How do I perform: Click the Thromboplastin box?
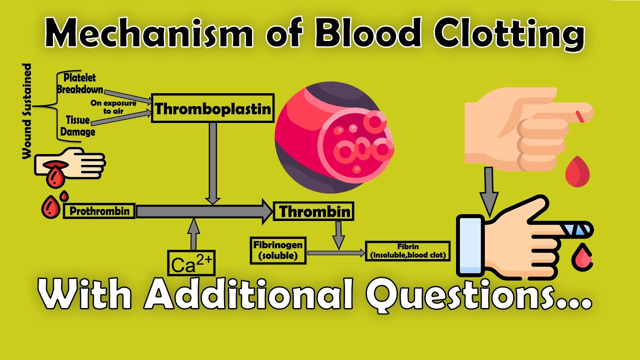(x=212, y=108)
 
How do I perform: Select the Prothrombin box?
(x=99, y=211)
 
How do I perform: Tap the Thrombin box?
(x=313, y=211)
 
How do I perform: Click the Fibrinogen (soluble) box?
(x=277, y=250)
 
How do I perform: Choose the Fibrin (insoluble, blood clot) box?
(x=407, y=251)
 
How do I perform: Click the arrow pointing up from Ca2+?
(x=192, y=233)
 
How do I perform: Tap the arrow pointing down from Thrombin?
(x=339, y=234)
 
